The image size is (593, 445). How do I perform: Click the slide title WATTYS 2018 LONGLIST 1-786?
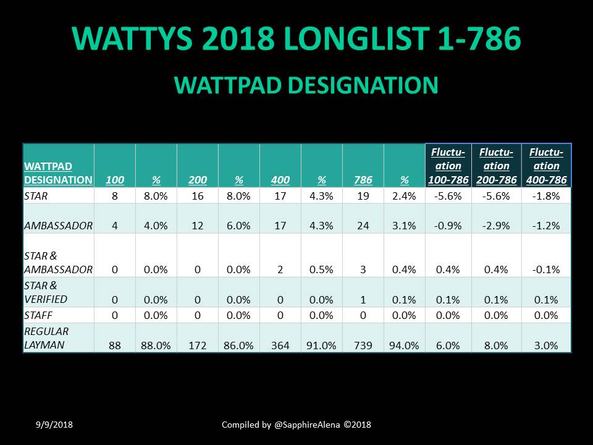296,38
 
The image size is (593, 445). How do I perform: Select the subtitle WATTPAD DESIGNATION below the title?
306,85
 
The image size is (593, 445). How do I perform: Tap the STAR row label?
36,196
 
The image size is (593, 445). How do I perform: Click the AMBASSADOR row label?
58,226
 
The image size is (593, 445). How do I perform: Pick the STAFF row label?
38,315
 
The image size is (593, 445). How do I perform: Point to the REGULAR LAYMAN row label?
46,338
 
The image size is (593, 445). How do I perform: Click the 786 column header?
363,180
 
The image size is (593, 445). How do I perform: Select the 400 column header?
280,180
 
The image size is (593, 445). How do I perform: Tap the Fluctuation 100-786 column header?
448,166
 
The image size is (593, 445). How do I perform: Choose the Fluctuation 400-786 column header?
546,166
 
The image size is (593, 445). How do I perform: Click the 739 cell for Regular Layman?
363,345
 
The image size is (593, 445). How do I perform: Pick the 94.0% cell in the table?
404,345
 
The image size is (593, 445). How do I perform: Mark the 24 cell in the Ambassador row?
363,226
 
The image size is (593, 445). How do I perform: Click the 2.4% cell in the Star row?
404,196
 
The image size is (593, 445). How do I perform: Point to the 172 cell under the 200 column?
198,345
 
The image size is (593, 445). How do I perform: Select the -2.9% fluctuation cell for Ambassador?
496,226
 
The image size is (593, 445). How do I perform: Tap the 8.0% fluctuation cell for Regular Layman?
496,345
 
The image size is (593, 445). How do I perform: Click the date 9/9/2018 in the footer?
54,425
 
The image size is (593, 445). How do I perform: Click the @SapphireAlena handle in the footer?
307,425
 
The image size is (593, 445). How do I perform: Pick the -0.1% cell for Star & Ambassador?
546,269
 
